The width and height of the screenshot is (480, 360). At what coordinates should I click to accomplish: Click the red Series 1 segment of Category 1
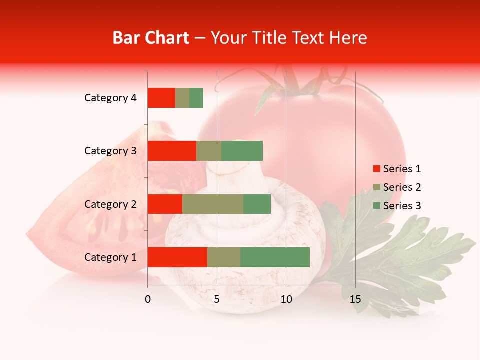click(x=177, y=257)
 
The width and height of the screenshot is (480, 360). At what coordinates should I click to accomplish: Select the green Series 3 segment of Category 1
click(x=275, y=257)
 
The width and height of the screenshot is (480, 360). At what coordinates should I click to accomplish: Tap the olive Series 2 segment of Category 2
click(x=213, y=204)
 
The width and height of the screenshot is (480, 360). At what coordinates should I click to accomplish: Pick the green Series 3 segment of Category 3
click(x=242, y=151)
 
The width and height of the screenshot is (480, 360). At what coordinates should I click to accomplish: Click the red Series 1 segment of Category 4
click(x=161, y=98)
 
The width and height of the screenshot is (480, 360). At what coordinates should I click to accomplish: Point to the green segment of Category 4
click(x=196, y=98)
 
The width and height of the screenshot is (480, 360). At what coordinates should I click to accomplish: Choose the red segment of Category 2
click(x=165, y=204)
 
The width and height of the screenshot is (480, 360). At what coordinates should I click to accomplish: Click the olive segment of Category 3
click(x=209, y=151)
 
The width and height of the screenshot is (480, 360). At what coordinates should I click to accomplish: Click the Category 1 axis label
click(x=110, y=257)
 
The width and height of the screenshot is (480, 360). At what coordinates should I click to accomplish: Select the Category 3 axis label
click(x=110, y=151)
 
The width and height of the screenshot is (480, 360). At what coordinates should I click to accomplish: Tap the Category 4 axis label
click(x=110, y=98)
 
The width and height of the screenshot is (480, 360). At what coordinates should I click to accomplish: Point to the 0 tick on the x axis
click(x=148, y=299)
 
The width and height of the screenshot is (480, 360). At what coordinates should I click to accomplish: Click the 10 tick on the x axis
click(x=286, y=299)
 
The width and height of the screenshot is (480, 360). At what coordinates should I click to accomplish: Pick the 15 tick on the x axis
click(x=355, y=299)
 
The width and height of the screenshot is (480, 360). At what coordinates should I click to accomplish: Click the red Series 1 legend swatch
click(x=376, y=169)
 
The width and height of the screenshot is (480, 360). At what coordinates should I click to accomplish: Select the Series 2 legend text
click(x=402, y=187)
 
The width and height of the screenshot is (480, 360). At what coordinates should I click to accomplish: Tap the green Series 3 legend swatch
click(x=376, y=206)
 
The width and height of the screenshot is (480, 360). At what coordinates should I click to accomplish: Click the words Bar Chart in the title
click(x=151, y=38)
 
